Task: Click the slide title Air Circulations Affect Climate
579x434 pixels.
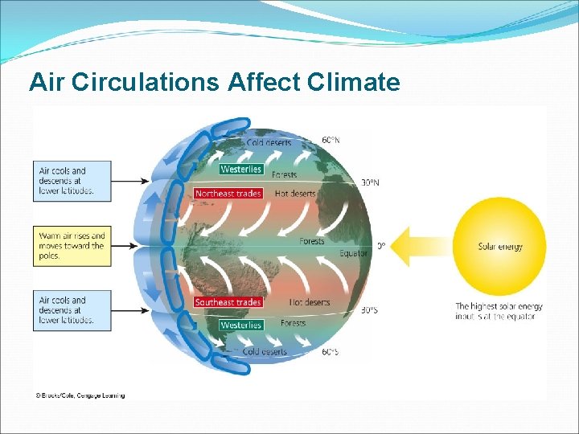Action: coord(214,82)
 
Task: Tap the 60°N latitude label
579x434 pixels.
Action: coord(331,140)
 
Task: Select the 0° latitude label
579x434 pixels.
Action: coord(381,246)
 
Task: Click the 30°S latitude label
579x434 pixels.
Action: coord(368,309)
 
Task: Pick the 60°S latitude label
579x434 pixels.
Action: coord(330,352)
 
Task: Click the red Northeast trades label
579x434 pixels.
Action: coord(228,194)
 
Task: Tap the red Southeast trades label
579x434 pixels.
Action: coord(228,302)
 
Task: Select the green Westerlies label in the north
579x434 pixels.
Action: coord(241,169)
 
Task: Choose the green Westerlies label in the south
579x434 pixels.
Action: coord(241,325)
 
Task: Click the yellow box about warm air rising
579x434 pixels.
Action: coord(72,246)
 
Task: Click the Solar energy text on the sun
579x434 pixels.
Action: coord(500,247)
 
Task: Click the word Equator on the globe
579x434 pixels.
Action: coord(353,254)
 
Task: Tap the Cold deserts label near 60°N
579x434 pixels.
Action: coord(269,143)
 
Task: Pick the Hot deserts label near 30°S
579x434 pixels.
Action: coord(310,302)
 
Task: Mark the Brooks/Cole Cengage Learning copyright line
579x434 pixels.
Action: coord(80,395)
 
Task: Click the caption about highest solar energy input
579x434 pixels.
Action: coord(499,311)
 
